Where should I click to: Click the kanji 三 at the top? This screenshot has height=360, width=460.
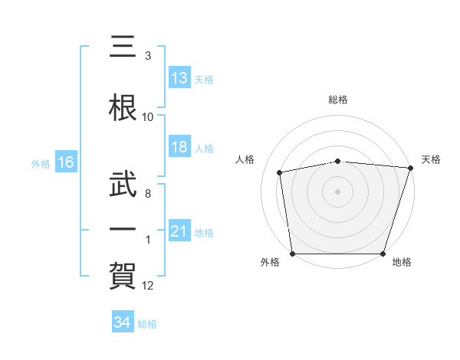(x=123, y=46)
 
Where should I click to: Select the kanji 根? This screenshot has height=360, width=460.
(x=123, y=108)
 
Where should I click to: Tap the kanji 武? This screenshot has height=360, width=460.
(x=123, y=184)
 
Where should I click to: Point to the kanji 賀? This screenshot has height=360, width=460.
(x=123, y=276)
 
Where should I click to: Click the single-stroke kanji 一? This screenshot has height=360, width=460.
(x=123, y=229)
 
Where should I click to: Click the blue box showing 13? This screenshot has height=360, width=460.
(x=179, y=77)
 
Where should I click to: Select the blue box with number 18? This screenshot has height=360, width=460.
(x=179, y=146)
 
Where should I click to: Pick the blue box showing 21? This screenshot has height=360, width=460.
(x=179, y=230)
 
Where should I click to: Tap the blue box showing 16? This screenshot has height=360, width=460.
(x=66, y=162)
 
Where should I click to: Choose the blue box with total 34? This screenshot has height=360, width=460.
(x=123, y=321)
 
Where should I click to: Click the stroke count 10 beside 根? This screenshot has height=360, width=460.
(x=147, y=117)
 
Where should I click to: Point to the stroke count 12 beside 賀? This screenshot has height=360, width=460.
(x=147, y=286)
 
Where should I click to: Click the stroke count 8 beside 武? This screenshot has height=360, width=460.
(x=148, y=194)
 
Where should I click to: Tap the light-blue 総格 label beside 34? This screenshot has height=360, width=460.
(x=147, y=324)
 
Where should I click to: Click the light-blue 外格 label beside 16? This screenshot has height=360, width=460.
(x=41, y=164)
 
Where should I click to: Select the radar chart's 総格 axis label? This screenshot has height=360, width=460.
(x=338, y=100)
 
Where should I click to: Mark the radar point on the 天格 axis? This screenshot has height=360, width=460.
(x=411, y=168)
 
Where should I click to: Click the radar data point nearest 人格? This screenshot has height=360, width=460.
(x=279, y=172)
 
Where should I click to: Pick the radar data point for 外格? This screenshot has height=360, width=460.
(x=293, y=254)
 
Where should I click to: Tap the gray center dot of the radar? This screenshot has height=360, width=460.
(x=337, y=191)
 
